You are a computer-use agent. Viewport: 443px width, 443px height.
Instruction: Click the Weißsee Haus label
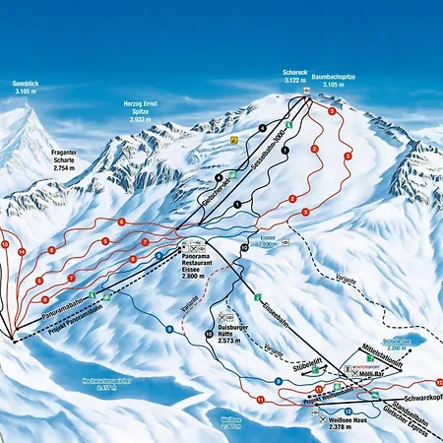348,425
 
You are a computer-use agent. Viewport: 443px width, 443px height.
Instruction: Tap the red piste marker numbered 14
21,252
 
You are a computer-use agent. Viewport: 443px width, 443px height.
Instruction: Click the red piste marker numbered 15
5,242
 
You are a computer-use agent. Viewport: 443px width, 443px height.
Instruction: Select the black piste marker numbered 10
209,335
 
